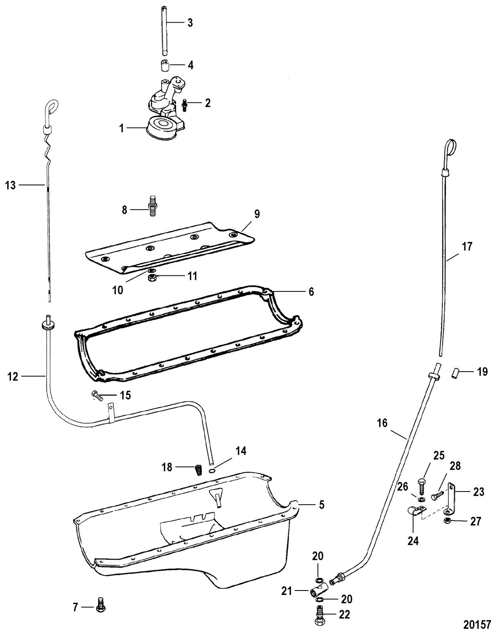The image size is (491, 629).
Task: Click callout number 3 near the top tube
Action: click(189, 23)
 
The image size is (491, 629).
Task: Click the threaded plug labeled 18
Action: click(198, 469)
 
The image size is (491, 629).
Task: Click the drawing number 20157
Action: click(477, 623)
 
